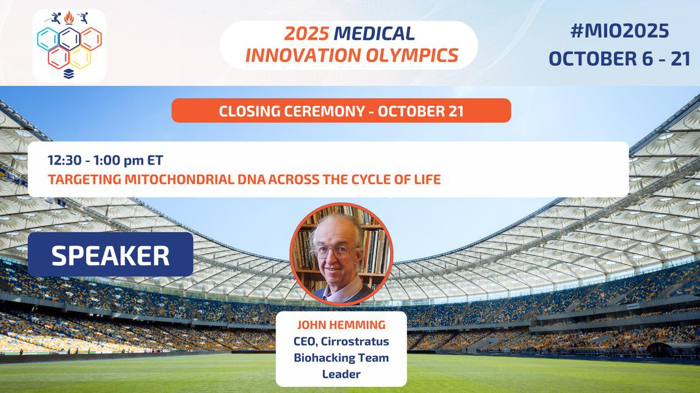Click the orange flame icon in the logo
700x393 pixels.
click(69, 18)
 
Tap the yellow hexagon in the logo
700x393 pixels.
click(80, 58)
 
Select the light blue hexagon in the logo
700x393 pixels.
click(48, 39)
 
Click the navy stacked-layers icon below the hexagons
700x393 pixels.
click(69, 74)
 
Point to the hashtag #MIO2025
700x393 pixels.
click(618, 30)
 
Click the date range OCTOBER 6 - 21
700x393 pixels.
click(619, 58)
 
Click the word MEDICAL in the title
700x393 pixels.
click(375, 34)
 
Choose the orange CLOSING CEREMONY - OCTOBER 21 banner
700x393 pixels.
click(341, 111)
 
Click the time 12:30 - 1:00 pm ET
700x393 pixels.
click(106, 160)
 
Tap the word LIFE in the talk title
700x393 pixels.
click(425, 180)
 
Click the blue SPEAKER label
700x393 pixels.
click(110, 255)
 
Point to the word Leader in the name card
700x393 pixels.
click(341, 374)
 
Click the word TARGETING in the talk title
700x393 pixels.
click(78, 180)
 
